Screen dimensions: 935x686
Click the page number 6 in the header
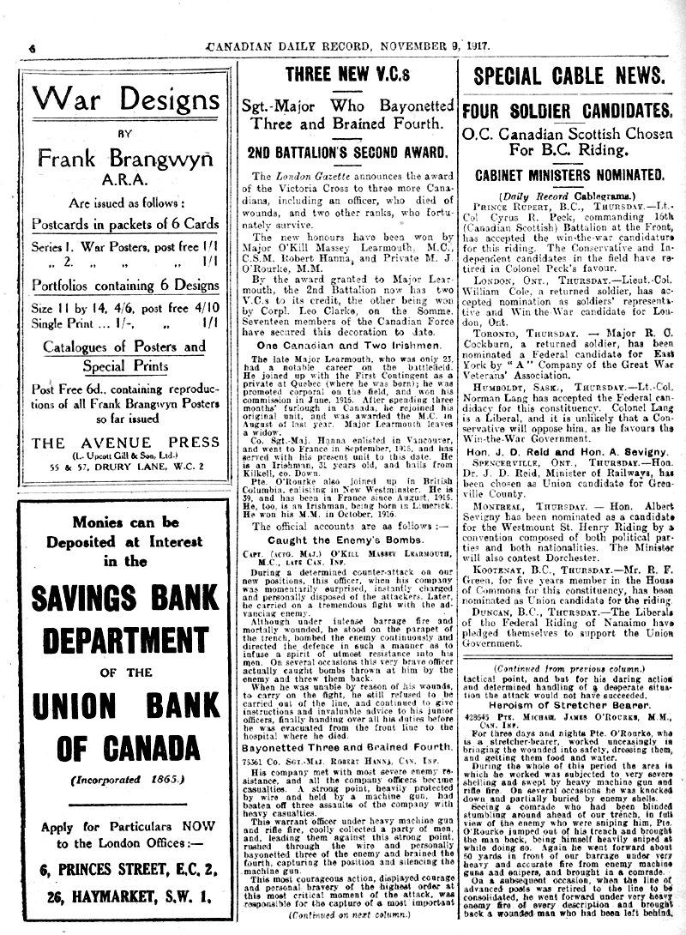click(x=32, y=46)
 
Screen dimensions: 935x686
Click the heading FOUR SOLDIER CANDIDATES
click(x=570, y=112)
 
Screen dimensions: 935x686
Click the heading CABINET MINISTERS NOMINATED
click(x=570, y=174)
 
